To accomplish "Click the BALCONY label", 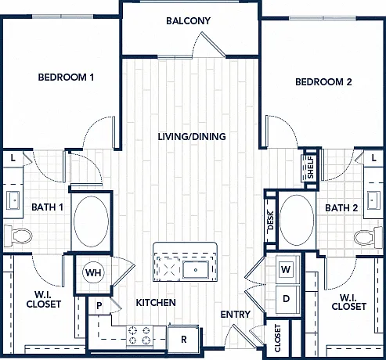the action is coord(188,21).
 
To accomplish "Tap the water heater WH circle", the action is coord(93,272).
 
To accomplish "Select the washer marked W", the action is coord(286,269).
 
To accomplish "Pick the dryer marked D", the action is coord(287,299).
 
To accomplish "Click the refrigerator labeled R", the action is coord(184,339).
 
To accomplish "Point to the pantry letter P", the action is coord(99,305).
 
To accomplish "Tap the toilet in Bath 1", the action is coord(18,236).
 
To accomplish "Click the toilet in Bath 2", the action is coord(369,238).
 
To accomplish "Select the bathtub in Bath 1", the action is coord(91,221).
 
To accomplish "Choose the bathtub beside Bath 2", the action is coord(297,220).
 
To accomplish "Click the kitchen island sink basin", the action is coord(196,270).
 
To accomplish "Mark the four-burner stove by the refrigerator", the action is coord(139,335).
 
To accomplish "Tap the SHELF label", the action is coord(311,167).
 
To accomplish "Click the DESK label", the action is coord(271,220).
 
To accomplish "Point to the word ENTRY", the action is coord(235,315).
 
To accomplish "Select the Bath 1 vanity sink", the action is coord(13,200).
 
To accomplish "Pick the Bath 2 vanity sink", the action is coord(373,200).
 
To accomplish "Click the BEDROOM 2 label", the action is coord(323,82).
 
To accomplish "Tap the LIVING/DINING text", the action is coord(192,137).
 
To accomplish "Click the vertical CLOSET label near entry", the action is coord(277,338).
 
